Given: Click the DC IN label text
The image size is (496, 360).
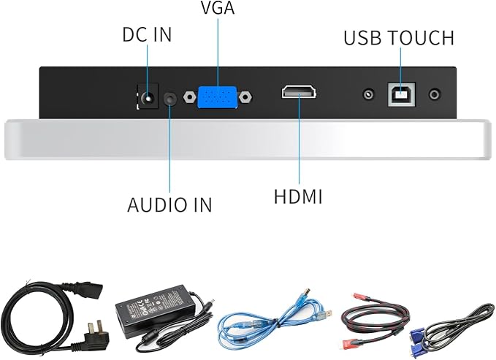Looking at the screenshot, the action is coord(147,35).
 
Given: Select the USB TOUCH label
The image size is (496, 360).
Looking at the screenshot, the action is coord(399,38).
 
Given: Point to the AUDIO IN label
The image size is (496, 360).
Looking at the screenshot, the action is coord(169,204).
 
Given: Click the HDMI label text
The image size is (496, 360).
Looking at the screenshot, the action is coord(298,196).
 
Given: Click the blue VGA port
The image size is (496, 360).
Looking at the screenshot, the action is coord(217,97).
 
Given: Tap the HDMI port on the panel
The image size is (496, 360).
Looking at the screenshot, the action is coord(299,92).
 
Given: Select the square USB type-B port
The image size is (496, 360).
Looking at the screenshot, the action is coord(402,94).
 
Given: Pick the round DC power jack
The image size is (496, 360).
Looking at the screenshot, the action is coord(148,96).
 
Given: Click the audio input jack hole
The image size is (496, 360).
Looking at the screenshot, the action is coord(170,99).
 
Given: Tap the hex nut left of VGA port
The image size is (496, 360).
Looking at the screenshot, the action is coord(189,97).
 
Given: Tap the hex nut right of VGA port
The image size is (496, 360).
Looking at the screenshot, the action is coord(245,97).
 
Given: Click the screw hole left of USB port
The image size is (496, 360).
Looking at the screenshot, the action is coord(368,94).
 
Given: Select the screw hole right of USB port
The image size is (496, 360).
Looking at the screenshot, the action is coord(435,94).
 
